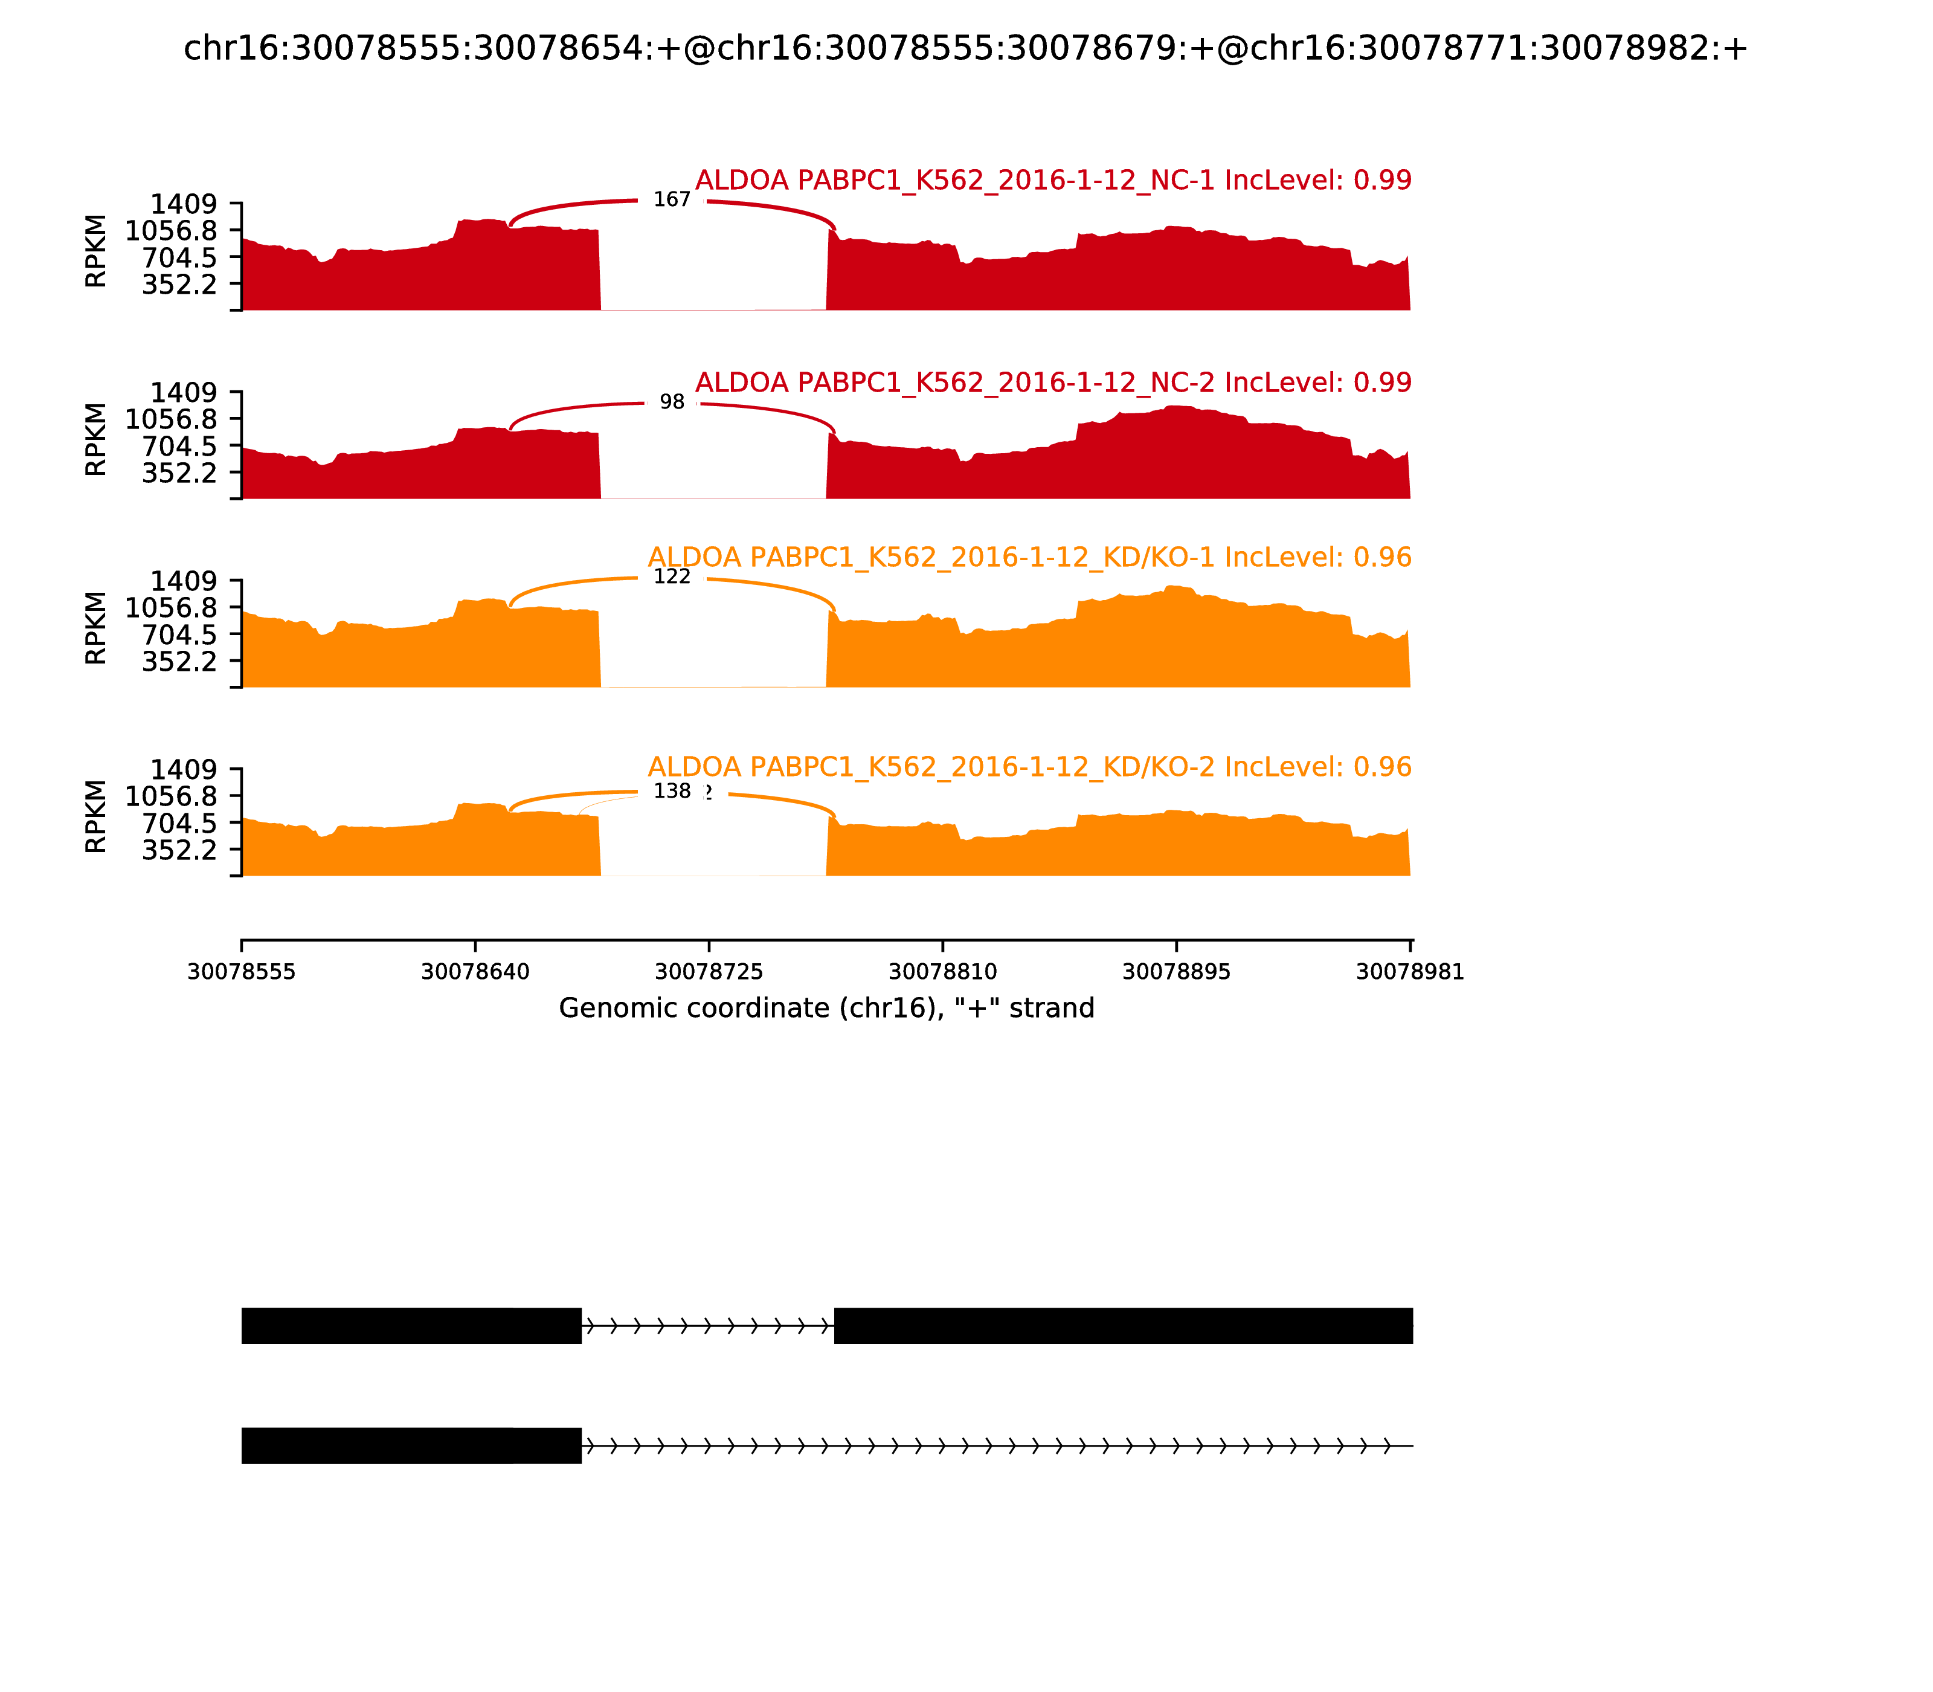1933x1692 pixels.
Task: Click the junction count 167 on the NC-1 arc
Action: point(671,200)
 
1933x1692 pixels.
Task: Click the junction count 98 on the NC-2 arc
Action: point(671,402)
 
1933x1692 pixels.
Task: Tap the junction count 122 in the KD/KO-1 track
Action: point(671,577)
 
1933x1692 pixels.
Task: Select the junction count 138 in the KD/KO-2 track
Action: point(671,791)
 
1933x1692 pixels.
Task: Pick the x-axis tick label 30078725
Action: point(709,972)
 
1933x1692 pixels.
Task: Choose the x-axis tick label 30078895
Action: point(1176,972)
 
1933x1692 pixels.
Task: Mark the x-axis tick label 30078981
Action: point(1409,972)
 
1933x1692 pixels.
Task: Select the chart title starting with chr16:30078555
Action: point(965,48)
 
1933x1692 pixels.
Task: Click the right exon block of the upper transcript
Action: point(1123,1326)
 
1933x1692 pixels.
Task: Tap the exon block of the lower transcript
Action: point(411,1445)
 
